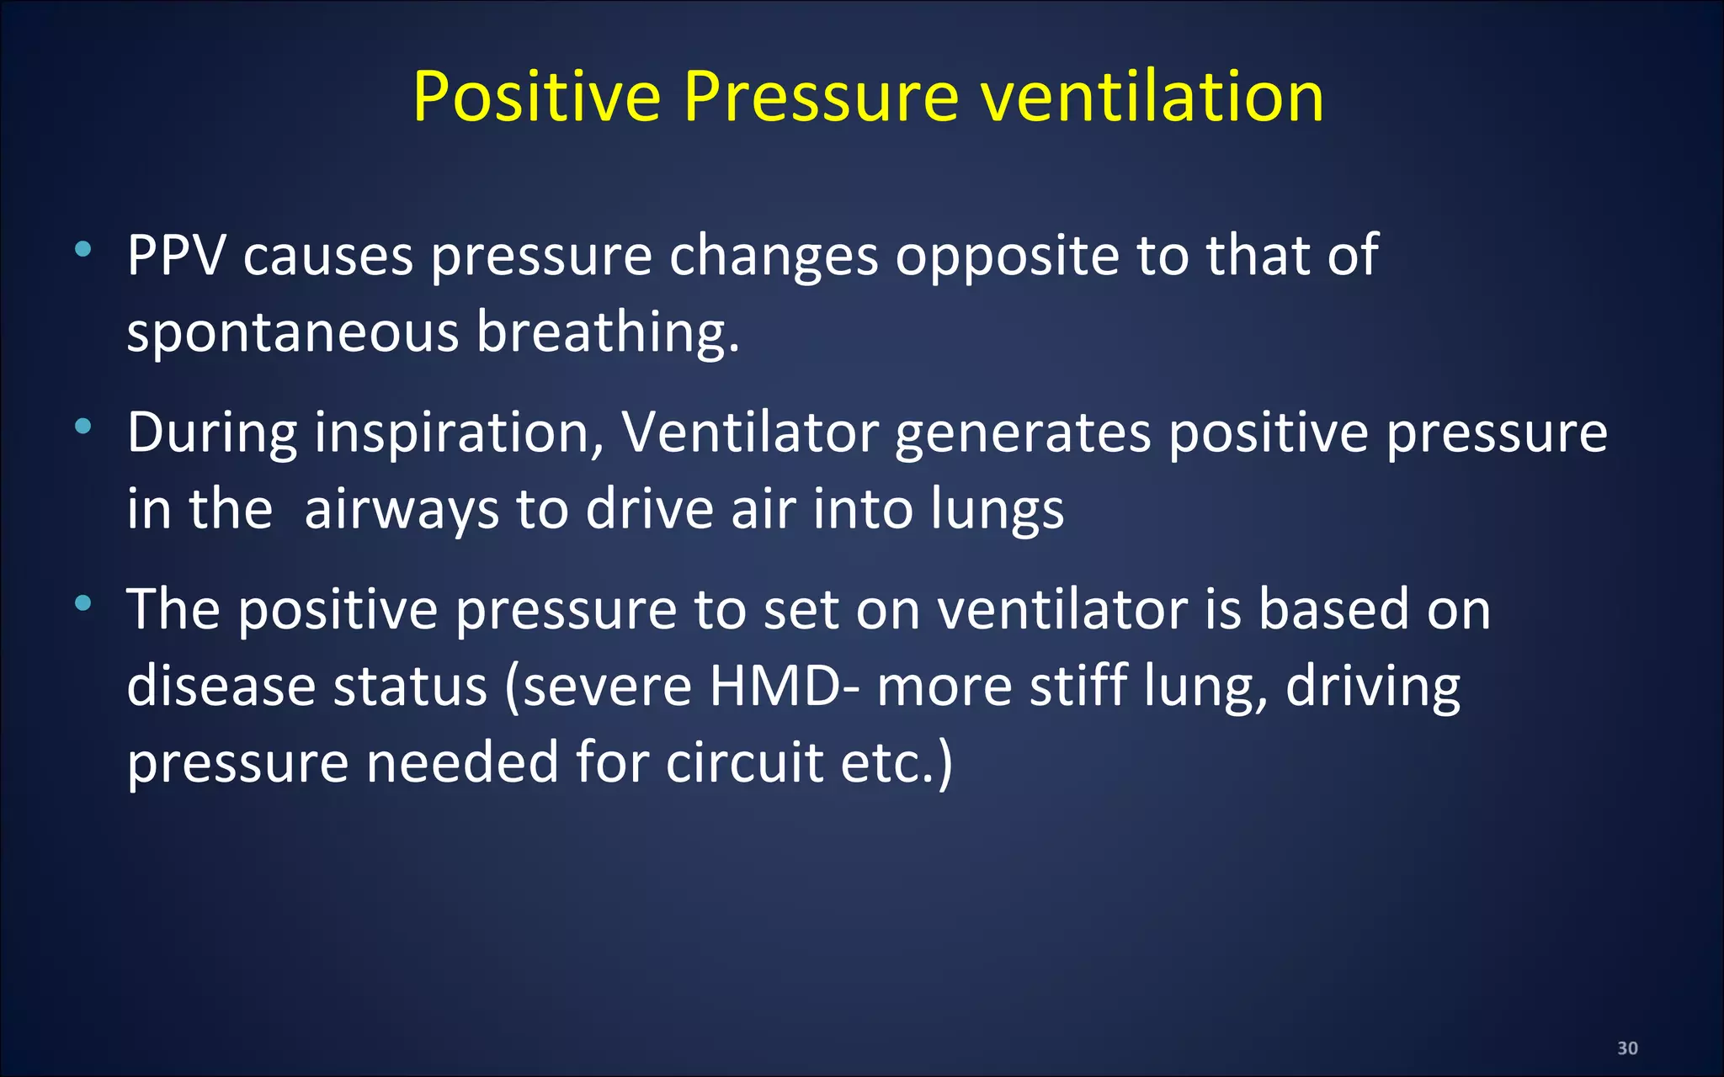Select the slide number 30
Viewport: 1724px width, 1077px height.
[1627, 1048]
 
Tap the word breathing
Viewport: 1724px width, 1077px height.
[607, 332]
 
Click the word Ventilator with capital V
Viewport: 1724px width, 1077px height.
[750, 432]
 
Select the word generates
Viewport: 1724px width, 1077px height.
[1023, 434]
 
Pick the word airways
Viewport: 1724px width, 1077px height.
[402, 510]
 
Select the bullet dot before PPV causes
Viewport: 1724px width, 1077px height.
[82, 249]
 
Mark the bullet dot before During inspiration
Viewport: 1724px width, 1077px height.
[82, 427]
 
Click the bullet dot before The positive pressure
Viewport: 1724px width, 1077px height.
[82, 603]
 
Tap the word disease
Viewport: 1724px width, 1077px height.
[221, 686]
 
